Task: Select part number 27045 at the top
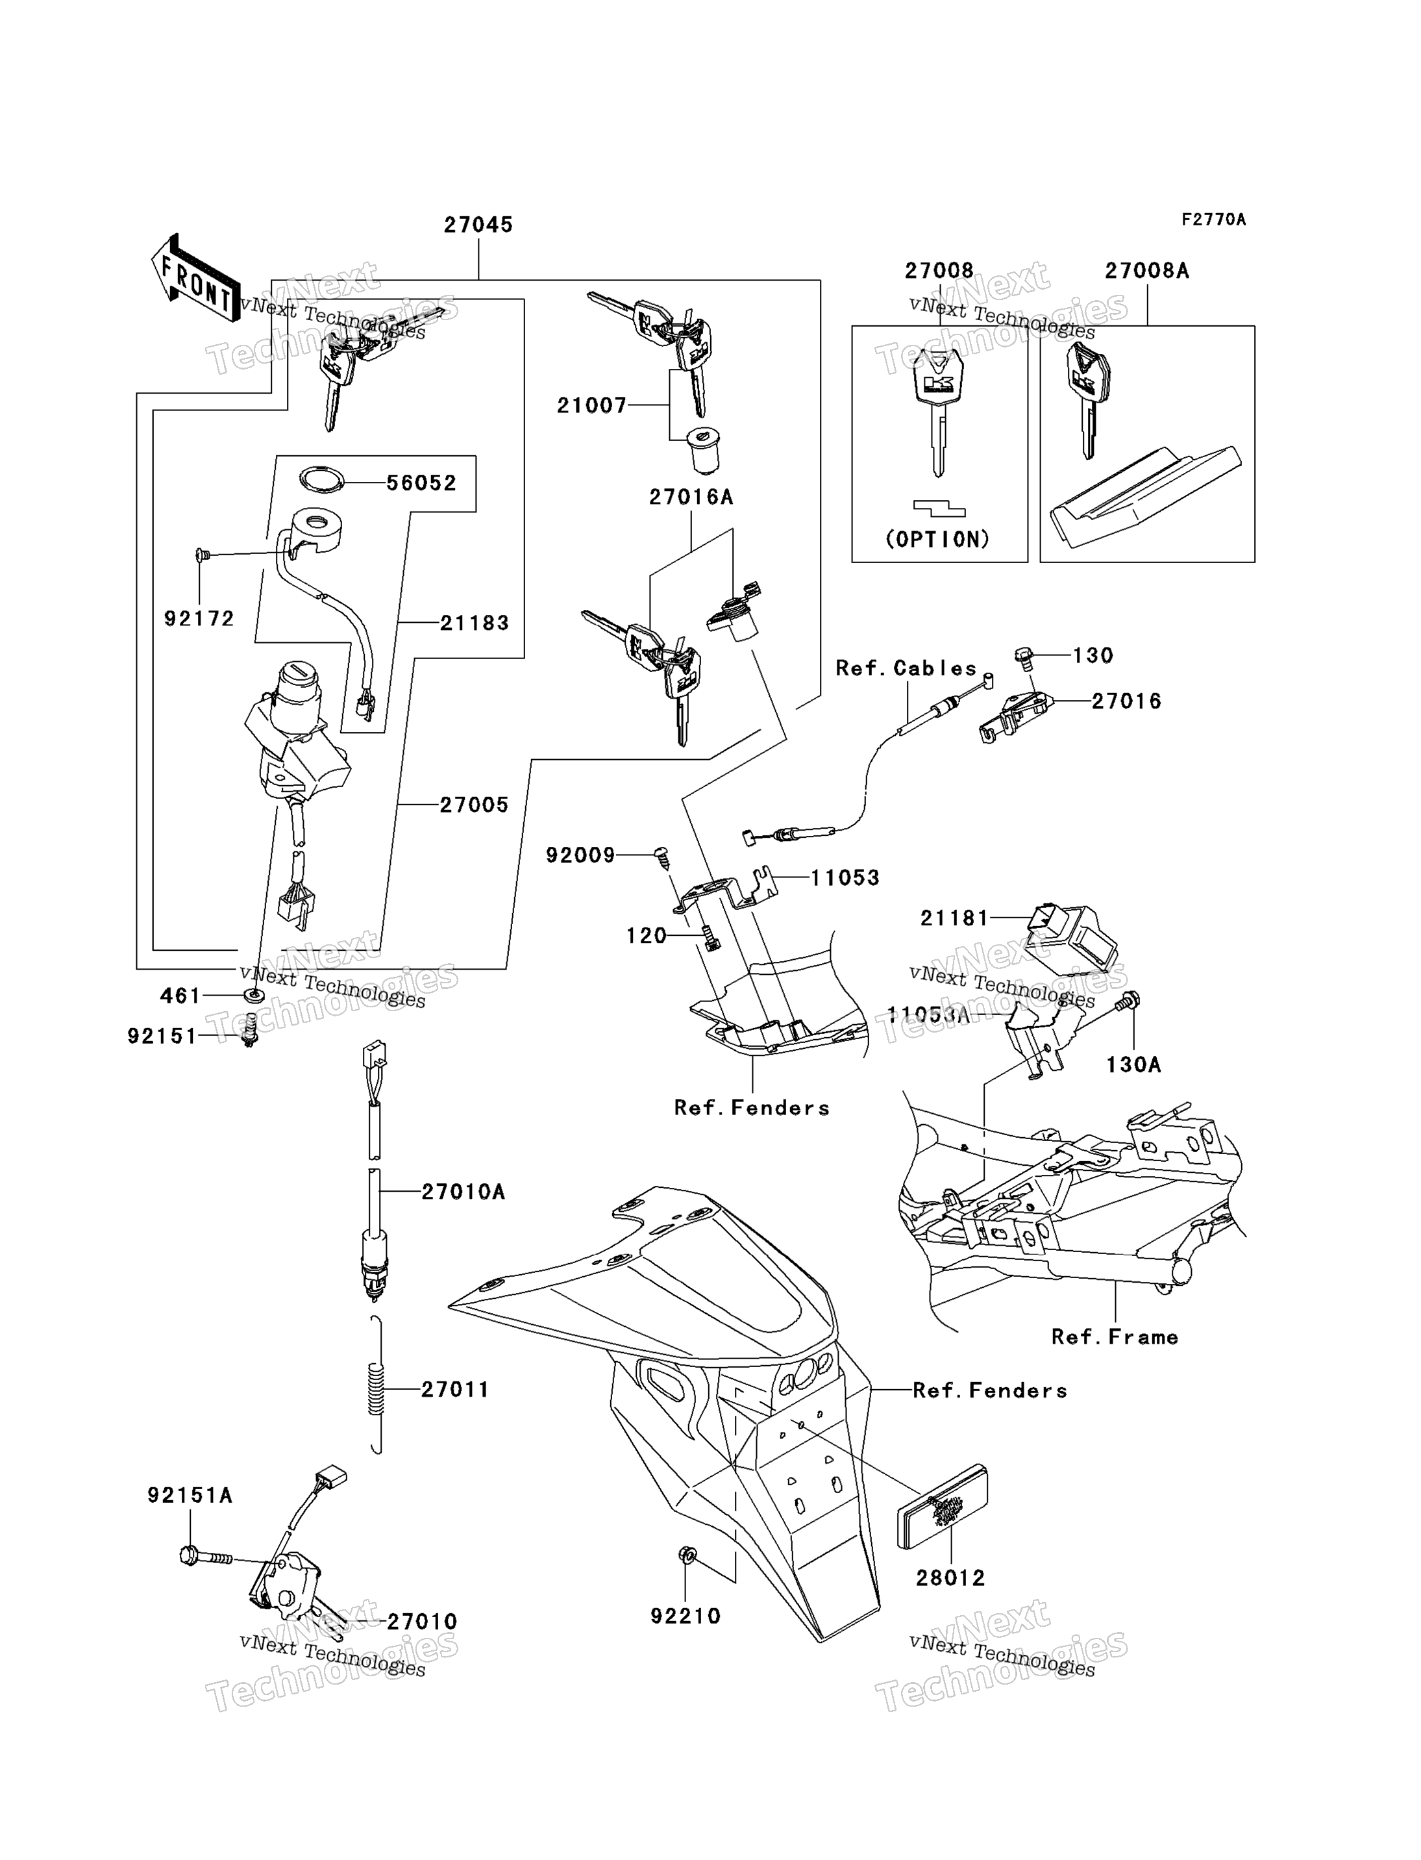[478, 225]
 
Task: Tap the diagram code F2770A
[1214, 220]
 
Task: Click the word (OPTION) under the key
[938, 539]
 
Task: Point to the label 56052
[421, 483]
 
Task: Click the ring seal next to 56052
[322, 480]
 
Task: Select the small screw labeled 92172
[202, 555]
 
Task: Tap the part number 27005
[475, 805]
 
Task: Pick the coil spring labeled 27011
[377, 1390]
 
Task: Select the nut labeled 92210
[687, 1555]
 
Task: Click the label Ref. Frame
[1115, 1337]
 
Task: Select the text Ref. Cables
[906, 668]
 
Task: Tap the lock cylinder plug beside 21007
[704, 451]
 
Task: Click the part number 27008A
[1147, 271]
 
